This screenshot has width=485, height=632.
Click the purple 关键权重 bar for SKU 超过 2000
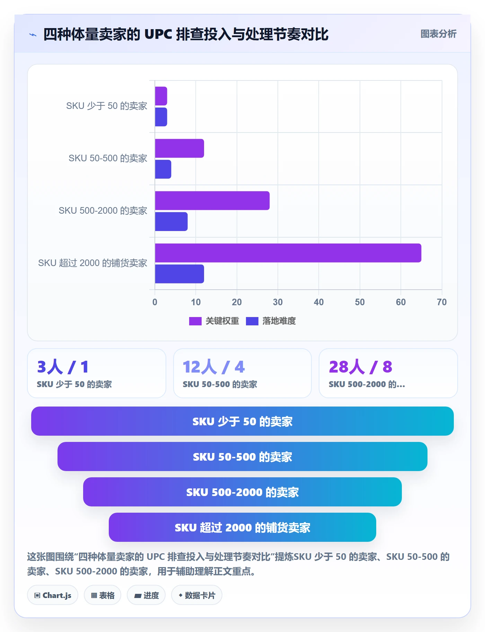(288, 253)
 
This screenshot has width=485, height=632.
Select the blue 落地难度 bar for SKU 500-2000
(171, 222)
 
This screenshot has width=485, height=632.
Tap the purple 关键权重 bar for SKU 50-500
(179, 148)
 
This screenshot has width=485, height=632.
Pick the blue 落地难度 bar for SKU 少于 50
(161, 117)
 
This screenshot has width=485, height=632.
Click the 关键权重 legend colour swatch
(195, 321)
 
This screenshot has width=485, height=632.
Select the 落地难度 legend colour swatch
(252, 321)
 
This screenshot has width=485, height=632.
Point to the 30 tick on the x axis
(278, 302)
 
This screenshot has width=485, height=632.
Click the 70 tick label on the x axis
(442, 302)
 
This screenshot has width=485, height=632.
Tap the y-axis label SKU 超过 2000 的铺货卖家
(93, 263)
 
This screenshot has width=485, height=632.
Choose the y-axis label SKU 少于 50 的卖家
(107, 106)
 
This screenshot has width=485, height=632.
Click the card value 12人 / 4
(214, 367)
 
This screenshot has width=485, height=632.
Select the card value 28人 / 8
(360, 367)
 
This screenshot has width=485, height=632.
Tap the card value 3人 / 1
(63, 367)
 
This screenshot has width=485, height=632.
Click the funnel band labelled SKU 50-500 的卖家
(242, 456)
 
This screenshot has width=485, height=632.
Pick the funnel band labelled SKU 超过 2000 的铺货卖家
(242, 527)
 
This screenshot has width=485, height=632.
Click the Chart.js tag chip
(53, 595)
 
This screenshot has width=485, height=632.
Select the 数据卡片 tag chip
(197, 595)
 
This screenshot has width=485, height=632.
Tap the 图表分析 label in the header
(438, 34)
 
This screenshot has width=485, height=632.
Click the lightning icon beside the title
(33, 35)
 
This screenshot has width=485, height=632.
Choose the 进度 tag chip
(146, 595)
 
